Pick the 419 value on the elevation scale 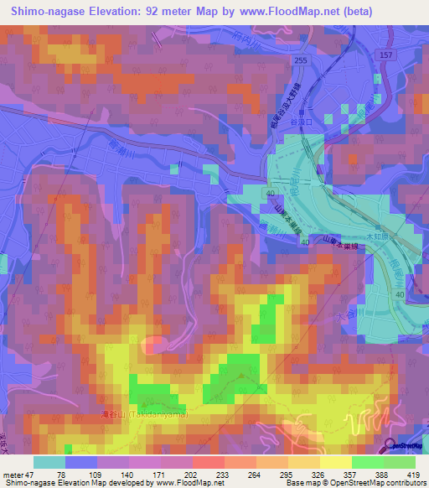click(x=415, y=475)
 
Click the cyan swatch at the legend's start click(x=49, y=462)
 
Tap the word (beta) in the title click(x=354, y=11)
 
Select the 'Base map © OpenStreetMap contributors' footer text click(x=359, y=483)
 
